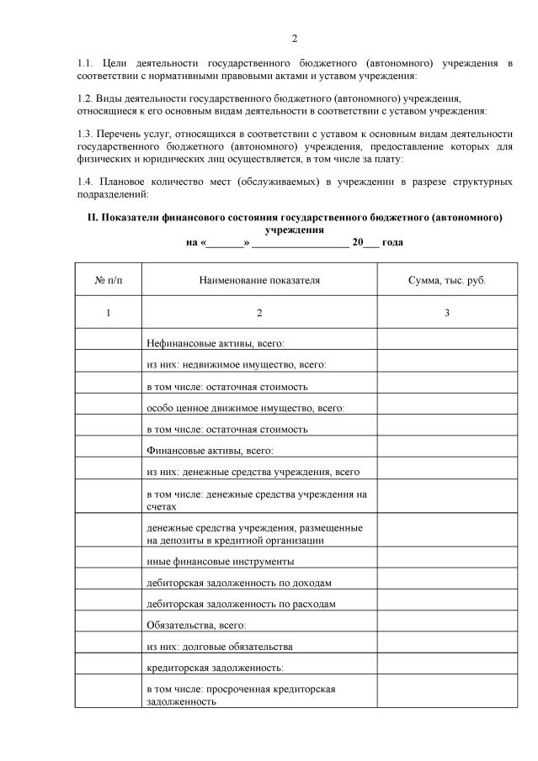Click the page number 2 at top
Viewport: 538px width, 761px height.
295,39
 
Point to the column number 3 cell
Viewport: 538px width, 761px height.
446,313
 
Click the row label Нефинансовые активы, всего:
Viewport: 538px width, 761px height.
216,343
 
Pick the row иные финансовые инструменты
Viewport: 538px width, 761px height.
220,561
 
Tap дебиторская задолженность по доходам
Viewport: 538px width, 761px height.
239,582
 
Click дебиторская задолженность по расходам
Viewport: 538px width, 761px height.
241,604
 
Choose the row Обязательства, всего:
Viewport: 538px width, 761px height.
196,625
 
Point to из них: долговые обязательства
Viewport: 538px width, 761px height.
220,646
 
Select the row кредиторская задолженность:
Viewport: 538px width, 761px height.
215,668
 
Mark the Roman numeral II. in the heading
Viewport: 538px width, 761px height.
93,217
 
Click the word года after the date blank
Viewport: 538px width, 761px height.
392,242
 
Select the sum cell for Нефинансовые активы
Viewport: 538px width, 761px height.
446,343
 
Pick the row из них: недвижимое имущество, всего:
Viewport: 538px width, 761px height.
236,365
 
